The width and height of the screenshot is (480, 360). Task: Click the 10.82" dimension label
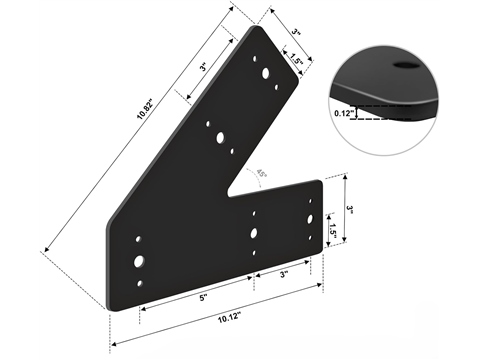[145, 109]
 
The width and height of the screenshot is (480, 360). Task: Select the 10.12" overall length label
[229, 317]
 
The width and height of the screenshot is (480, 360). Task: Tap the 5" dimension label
[203, 298]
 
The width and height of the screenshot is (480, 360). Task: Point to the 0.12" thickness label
[344, 113]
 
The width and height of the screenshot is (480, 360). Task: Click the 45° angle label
[261, 174]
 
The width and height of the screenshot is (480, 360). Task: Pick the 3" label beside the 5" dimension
[284, 275]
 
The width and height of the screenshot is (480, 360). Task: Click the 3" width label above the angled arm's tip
[296, 32]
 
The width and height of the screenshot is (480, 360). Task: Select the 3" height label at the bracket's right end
[349, 209]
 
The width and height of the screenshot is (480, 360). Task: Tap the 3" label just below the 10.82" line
[203, 67]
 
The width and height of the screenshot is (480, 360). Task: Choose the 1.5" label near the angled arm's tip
[296, 59]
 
